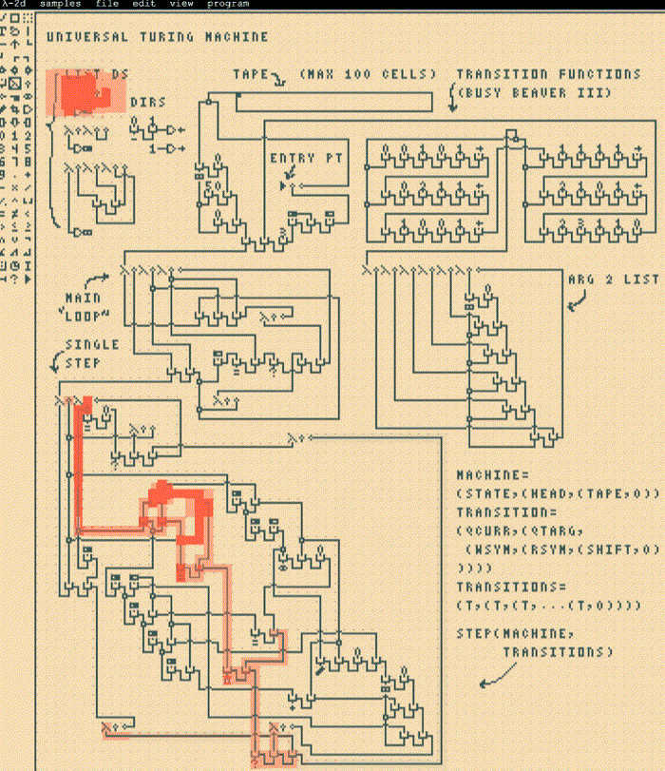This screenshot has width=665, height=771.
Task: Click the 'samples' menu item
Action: point(60,4)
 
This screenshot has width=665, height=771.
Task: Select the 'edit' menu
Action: point(143,4)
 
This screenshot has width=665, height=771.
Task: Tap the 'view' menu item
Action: point(181,4)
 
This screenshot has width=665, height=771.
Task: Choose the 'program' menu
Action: point(228,4)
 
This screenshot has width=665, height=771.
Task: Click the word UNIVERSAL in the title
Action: point(85,37)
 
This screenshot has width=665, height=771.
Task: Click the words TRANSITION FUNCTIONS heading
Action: point(548,74)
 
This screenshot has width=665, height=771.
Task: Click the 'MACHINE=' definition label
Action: point(490,474)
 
